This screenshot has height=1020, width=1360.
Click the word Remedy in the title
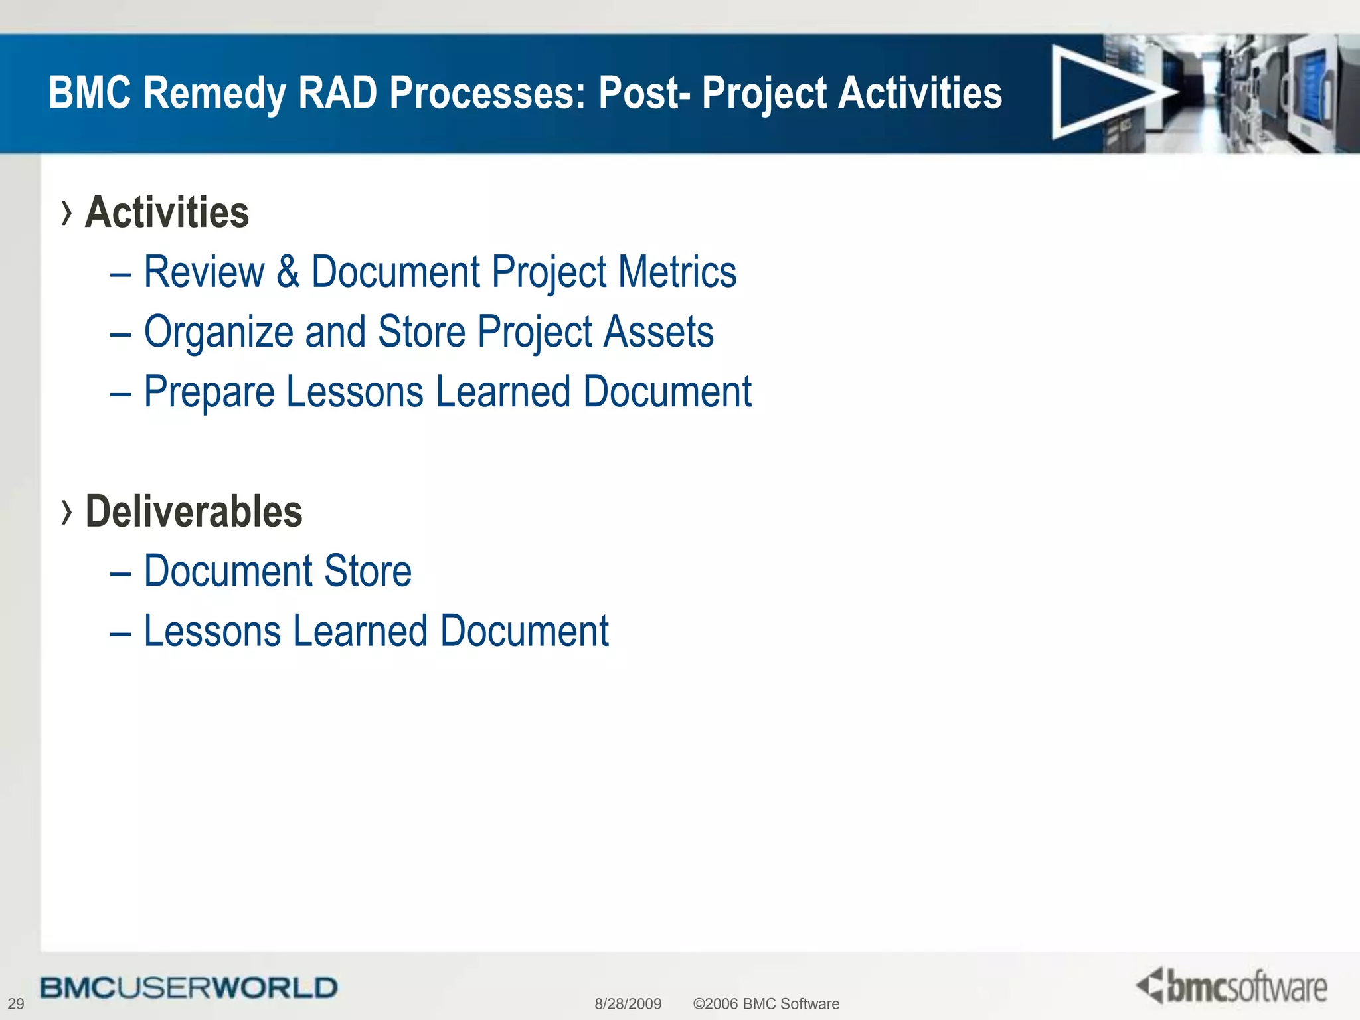(x=215, y=92)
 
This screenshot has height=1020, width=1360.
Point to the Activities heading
(x=167, y=212)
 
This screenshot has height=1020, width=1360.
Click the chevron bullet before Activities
(x=66, y=213)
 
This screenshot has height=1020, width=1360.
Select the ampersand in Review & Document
(x=288, y=272)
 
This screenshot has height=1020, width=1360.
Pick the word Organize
(x=218, y=332)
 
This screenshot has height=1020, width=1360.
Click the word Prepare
(x=209, y=392)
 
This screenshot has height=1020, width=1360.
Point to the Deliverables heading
(x=194, y=511)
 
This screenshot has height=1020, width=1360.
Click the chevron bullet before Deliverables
(x=66, y=512)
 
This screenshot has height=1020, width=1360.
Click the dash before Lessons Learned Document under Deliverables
(x=120, y=632)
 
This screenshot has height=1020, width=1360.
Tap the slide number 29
(x=15, y=1003)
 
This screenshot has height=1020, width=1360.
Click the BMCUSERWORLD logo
(x=189, y=987)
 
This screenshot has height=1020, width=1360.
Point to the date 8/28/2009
(x=628, y=1003)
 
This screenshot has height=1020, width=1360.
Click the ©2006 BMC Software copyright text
(x=766, y=1003)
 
